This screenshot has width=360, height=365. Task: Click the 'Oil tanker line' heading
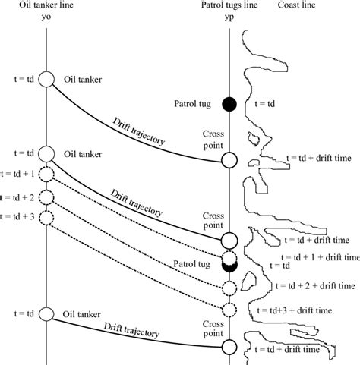[x=46, y=5]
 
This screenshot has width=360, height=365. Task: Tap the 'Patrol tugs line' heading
[x=229, y=5]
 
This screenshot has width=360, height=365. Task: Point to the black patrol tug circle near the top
[x=229, y=104]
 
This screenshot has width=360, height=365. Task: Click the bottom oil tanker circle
[x=46, y=314]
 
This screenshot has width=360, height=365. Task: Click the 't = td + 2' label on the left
[x=17, y=197]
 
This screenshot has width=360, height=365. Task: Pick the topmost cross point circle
[x=229, y=160]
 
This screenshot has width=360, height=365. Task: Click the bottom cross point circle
[x=229, y=348]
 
